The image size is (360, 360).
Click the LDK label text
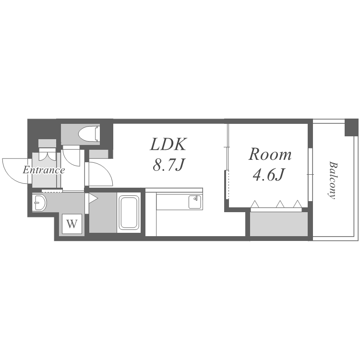[168, 144]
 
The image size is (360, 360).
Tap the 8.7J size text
[169, 165]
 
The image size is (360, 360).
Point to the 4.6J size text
[269, 175]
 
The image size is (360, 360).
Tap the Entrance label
[44, 170]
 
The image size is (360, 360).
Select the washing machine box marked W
[72, 224]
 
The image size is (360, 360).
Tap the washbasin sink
[39, 203]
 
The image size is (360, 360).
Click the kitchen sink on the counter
[195, 202]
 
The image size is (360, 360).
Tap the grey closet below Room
[279, 224]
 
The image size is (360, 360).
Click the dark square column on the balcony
[351, 127]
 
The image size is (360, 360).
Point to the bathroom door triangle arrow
[93, 198]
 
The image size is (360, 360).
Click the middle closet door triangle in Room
[280, 204]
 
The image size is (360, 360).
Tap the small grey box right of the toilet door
[99, 154]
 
